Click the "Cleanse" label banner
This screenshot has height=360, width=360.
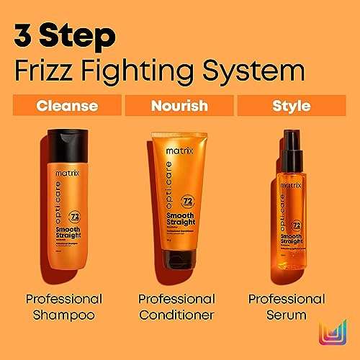pos(67,106)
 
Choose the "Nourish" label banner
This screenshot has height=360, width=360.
pos(180,106)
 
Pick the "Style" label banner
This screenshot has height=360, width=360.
pos(292,106)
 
